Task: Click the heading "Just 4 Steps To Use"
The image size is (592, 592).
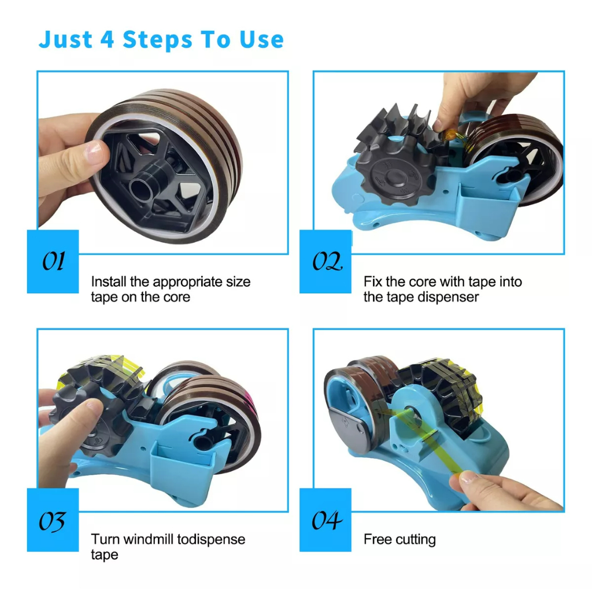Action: point(161,40)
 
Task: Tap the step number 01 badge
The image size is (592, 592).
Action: point(53,261)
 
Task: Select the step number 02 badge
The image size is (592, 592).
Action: point(325,261)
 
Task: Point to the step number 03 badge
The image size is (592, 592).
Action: point(53,520)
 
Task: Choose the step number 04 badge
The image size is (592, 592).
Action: point(325,520)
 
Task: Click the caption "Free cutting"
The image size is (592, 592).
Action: point(399,539)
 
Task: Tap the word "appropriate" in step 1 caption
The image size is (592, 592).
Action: point(187,282)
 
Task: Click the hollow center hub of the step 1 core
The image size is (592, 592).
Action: point(144,186)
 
